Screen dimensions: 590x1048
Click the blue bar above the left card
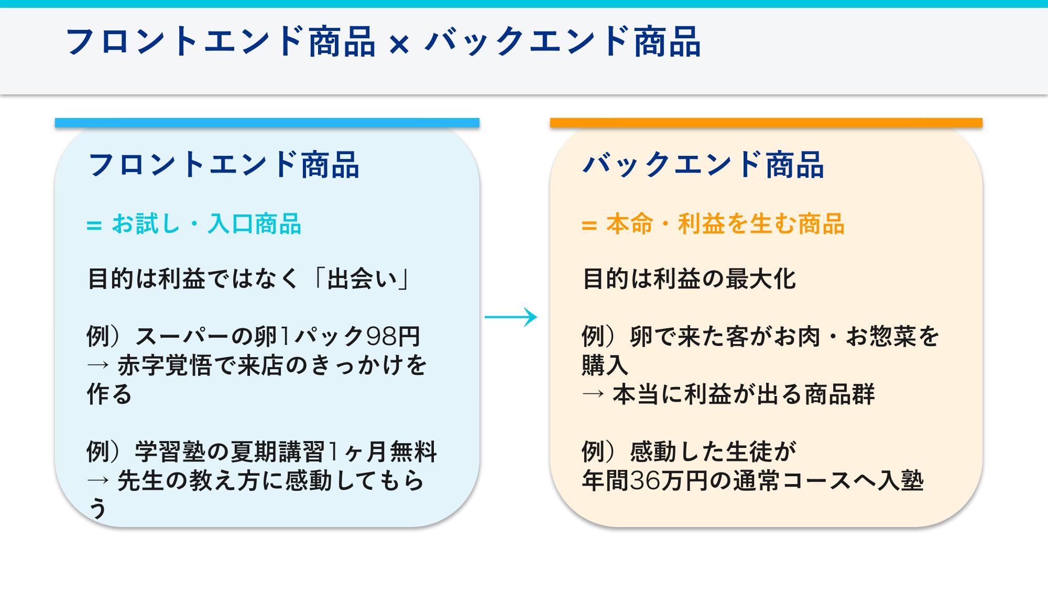pyautogui.click(x=267, y=123)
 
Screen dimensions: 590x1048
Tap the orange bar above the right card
pyautogui.click(x=766, y=123)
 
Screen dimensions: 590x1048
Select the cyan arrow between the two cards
pyautogui.click(x=511, y=317)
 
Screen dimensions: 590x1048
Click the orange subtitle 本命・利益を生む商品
pyautogui.click(x=725, y=224)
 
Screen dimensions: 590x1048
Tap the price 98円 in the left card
pyautogui.click(x=393, y=336)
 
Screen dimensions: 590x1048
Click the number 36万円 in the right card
pyautogui.click(x=662, y=480)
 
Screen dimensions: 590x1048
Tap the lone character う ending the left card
pyautogui.click(x=98, y=508)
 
